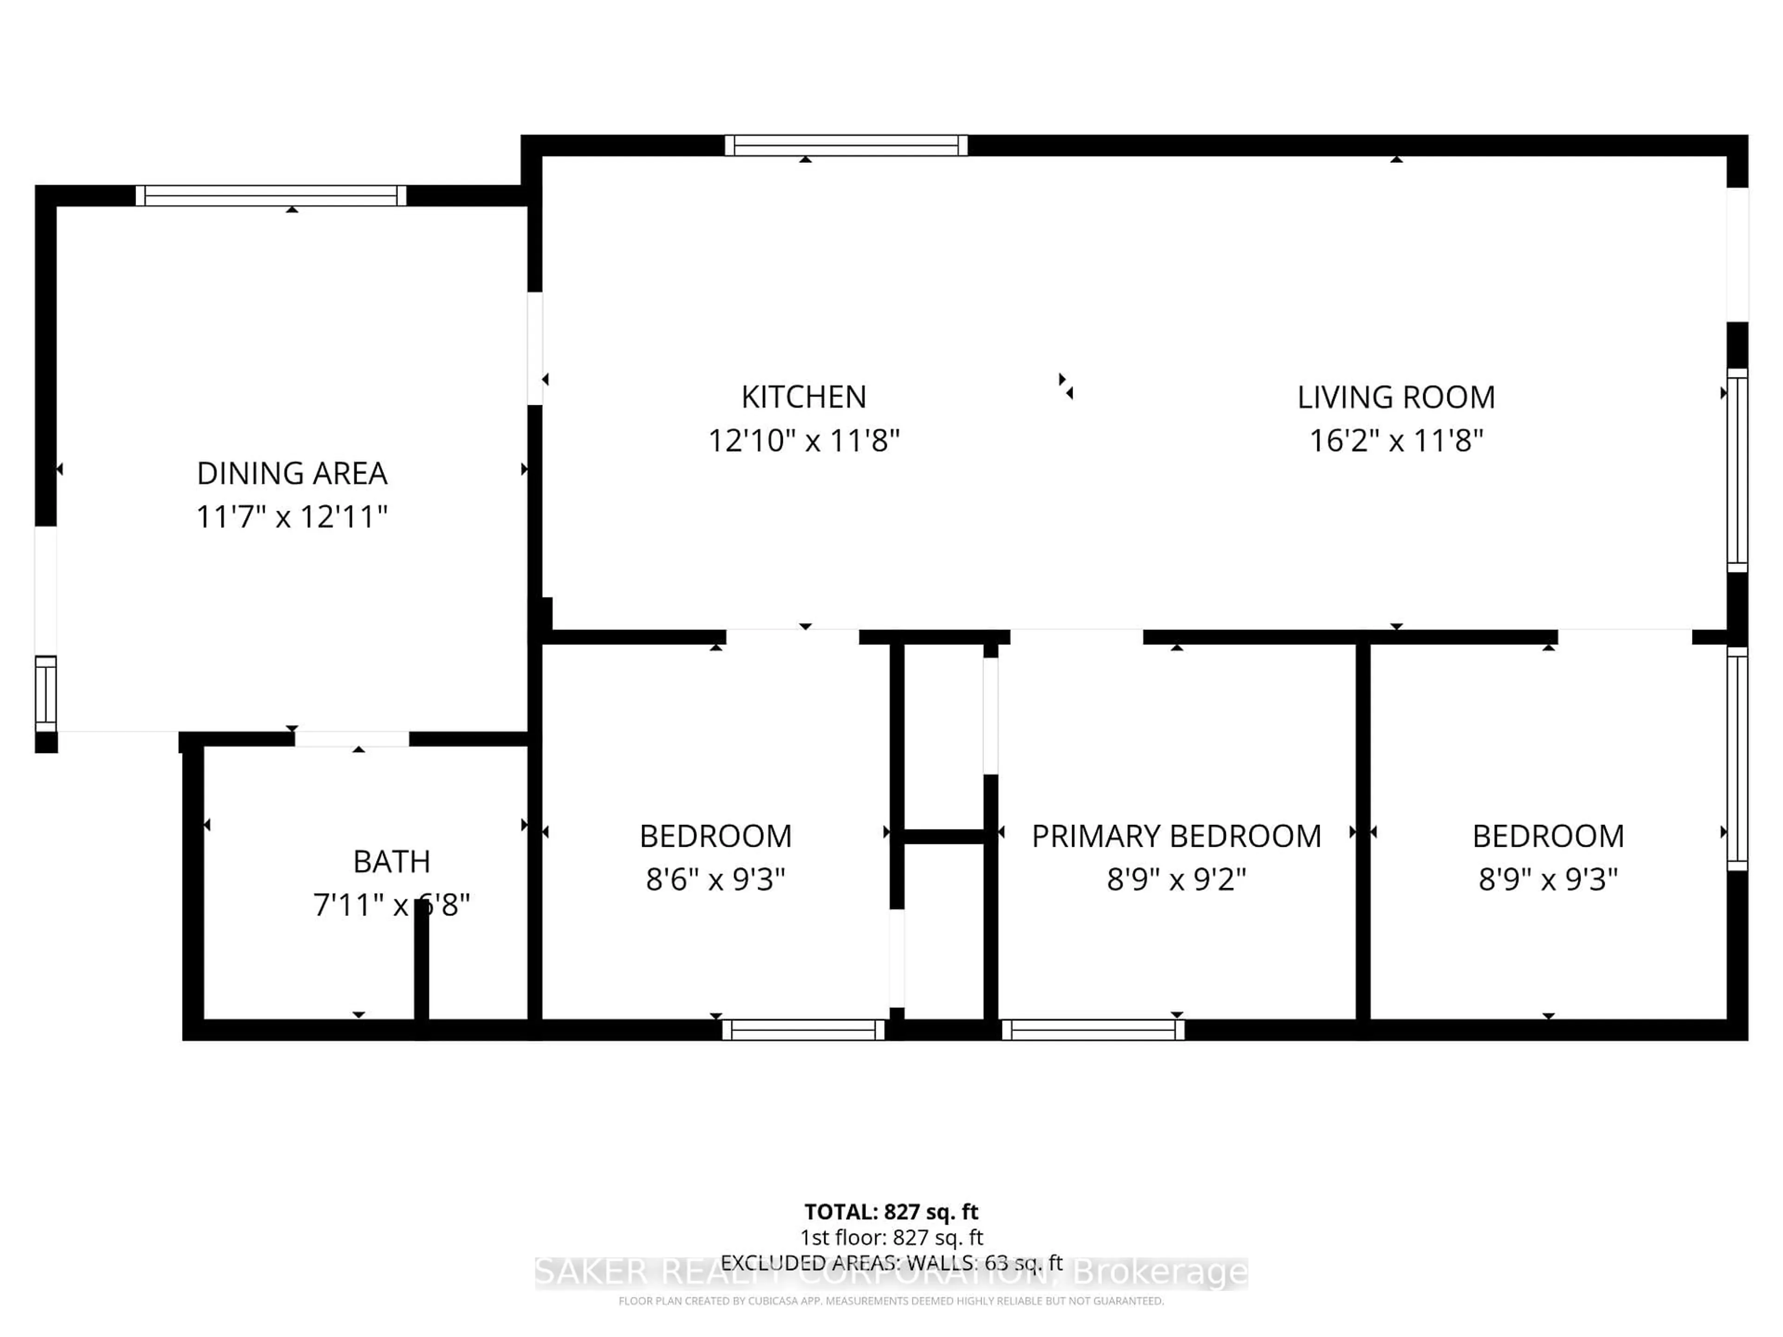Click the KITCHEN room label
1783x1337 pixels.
pyautogui.click(x=804, y=397)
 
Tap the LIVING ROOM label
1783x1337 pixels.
pyautogui.click(x=1395, y=397)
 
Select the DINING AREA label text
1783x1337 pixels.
pyautogui.click(x=292, y=473)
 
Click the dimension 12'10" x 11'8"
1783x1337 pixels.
pyautogui.click(x=804, y=441)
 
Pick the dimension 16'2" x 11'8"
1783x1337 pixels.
pyautogui.click(x=1395, y=441)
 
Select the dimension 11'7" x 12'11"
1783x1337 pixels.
pyautogui.click(x=292, y=517)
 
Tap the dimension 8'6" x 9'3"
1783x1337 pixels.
pyautogui.click(x=715, y=879)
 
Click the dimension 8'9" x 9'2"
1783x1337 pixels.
pyautogui.click(x=1176, y=879)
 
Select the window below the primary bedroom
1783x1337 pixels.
pyautogui.click(x=1093, y=1030)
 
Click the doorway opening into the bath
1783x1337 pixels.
pyautogui.click(x=351, y=739)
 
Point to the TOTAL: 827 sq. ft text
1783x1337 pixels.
pyautogui.click(x=891, y=1212)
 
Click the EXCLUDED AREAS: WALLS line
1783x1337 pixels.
pyautogui.click(x=891, y=1263)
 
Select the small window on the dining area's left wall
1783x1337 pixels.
pyautogui.click(x=46, y=694)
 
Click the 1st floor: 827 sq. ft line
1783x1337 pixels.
pyautogui.click(x=891, y=1237)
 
